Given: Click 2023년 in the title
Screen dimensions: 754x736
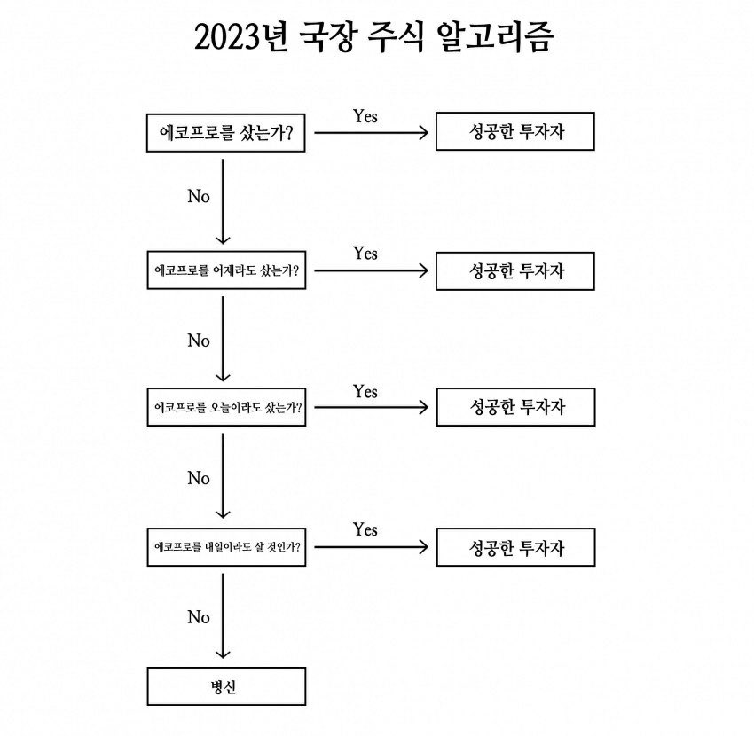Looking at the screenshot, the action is (x=241, y=37).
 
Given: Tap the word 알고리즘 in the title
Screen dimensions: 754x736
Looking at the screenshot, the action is (x=495, y=37).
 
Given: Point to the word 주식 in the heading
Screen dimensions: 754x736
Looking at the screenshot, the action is (x=396, y=37).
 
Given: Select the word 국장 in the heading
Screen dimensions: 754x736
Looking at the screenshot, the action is (x=328, y=37).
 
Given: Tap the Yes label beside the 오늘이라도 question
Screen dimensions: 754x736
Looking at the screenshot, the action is (x=365, y=391).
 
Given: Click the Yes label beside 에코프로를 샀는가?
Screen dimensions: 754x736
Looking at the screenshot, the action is (x=365, y=116).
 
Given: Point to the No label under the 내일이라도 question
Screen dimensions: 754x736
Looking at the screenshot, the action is (x=199, y=617).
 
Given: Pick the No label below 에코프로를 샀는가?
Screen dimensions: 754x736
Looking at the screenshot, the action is (x=199, y=196).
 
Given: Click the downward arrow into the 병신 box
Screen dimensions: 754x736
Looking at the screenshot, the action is (x=223, y=615).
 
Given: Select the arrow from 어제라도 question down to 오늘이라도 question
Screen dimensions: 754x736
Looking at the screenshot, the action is (x=223, y=339).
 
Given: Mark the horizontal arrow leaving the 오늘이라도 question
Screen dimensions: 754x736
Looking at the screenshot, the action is (x=371, y=407).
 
